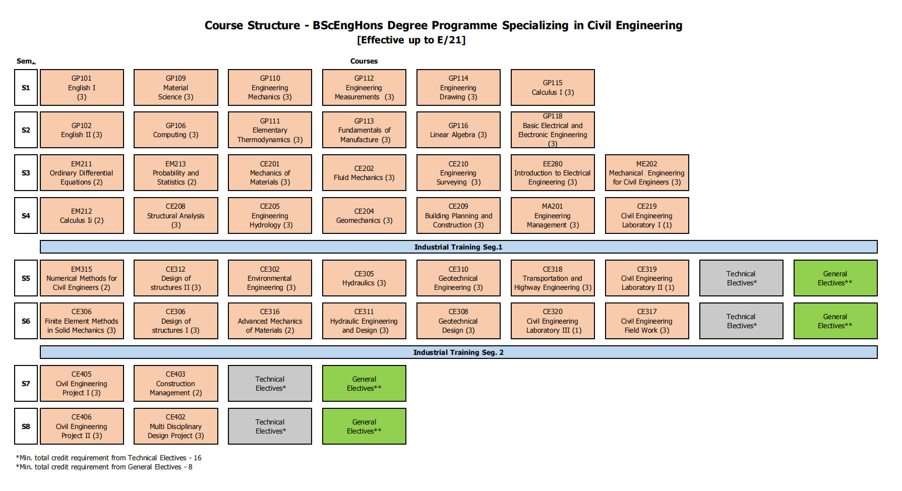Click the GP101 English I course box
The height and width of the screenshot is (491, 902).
(82, 87)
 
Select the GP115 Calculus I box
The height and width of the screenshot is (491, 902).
(553, 87)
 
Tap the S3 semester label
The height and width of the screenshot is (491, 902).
(26, 172)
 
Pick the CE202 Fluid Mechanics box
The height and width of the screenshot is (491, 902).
(364, 172)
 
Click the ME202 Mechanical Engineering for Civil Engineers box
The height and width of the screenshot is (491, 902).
(647, 172)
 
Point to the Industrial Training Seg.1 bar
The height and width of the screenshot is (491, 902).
(458, 247)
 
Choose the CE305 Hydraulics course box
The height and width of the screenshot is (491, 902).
(364, 278)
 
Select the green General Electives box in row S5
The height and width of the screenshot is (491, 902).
(835, 278)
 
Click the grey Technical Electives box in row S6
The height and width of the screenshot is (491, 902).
(741, 321)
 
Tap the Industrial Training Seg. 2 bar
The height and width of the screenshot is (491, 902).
(458, 352)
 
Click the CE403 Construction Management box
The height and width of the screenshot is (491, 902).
(175, 383)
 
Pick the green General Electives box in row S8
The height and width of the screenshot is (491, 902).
(364, 426)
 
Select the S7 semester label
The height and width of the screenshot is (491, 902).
(26, 383)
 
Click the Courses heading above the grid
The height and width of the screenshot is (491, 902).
(364, 61)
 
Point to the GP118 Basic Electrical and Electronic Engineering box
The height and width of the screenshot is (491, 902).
(553, 130)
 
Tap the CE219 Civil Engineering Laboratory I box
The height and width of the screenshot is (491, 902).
(647, 215)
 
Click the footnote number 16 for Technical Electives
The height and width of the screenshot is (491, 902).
(198, 458)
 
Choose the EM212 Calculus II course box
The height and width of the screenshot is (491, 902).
(82, 215)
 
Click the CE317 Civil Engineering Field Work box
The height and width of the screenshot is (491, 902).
(647, 321)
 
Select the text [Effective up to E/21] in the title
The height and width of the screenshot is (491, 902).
(411, 40)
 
